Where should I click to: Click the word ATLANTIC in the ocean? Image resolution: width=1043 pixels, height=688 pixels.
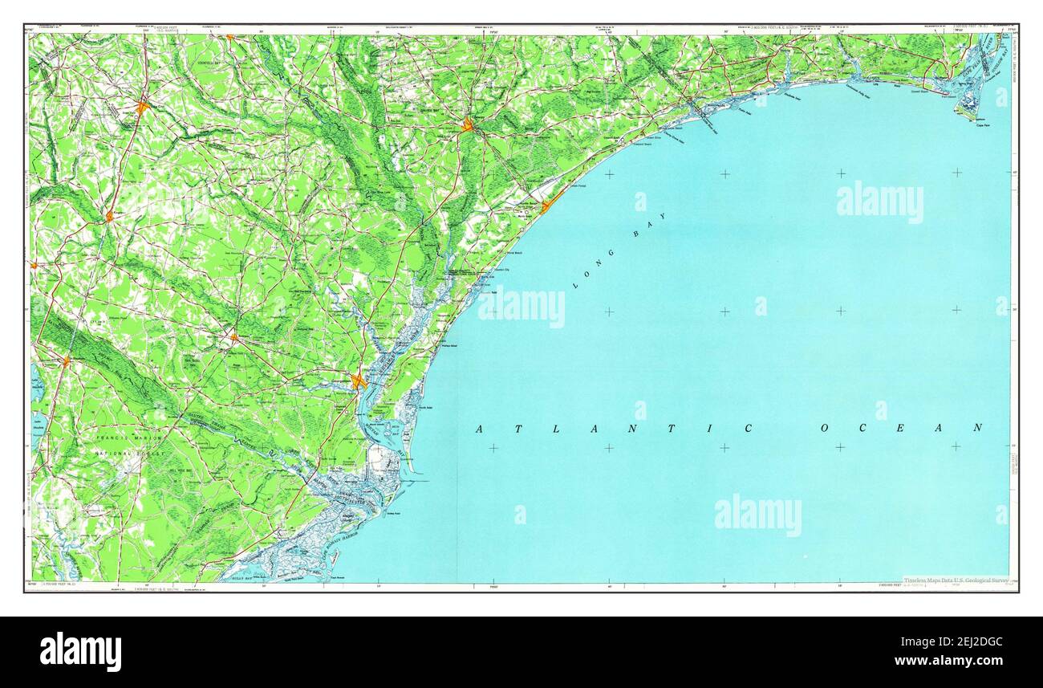pos(615,429)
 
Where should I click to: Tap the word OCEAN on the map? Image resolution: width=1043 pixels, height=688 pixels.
pos(901,428)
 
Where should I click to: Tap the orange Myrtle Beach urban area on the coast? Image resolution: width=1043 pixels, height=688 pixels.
pos(546,206)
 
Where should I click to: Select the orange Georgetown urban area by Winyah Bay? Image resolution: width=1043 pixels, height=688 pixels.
pos(359,381)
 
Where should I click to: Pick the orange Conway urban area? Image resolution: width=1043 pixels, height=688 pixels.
pos(468,124)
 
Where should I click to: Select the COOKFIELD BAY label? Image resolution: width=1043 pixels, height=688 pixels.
pos(215,62)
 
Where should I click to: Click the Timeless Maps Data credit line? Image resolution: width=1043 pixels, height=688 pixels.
pos(954,580)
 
